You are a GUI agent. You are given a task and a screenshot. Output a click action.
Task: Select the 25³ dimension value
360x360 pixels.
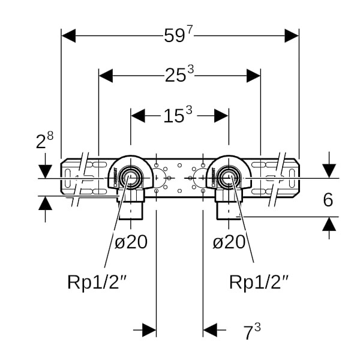(x=179, y=75)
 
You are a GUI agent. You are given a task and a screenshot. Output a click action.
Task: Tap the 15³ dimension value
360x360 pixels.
(x=179, y=114)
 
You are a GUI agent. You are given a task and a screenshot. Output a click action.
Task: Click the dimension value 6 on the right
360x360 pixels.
(x=328, y=200)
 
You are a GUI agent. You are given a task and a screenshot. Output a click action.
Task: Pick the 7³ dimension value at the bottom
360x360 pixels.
(x=251, y=331)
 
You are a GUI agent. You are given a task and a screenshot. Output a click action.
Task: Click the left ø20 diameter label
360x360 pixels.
(x=130, y=242)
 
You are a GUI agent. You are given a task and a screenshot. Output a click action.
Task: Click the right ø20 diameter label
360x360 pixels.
(x=229, y=242)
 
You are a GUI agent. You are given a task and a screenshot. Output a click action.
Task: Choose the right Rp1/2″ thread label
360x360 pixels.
(x=262, y=281)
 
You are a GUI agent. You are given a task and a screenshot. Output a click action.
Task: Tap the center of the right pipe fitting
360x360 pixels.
(x=228, y=178)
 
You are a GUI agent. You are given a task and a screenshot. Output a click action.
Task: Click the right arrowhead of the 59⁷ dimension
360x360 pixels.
(x=292, y=35)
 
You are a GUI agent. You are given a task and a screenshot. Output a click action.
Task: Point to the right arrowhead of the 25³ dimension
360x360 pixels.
(x=253, y=76)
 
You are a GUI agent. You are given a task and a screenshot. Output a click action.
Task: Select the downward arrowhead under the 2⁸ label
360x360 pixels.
(x=45, y=171)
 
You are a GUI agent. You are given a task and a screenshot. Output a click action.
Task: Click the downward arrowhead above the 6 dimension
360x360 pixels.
(x=328, y=171)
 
